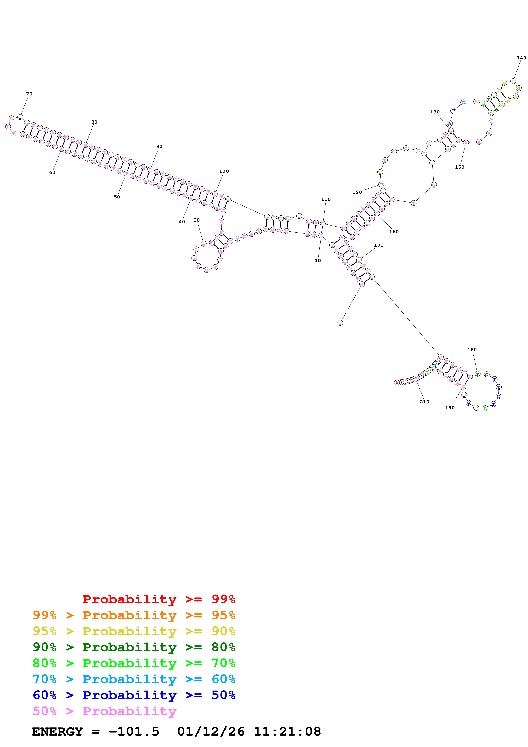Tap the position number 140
tap(521, 58)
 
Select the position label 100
tap(224, 171)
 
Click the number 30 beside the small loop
tap(197, 220)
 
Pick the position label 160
tap(394, 232)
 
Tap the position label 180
tap(472, 350)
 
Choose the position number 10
tap(318, 261)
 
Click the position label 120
tap(357, 192)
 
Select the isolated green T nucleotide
tap(340, 323)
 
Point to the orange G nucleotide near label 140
tap(519, 88)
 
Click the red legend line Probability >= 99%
tap(159, 599)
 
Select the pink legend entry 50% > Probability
tap(104, 711)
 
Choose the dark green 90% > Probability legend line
tap(134, 647)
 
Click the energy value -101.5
tap(134, 731)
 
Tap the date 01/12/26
tap(211, 731)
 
